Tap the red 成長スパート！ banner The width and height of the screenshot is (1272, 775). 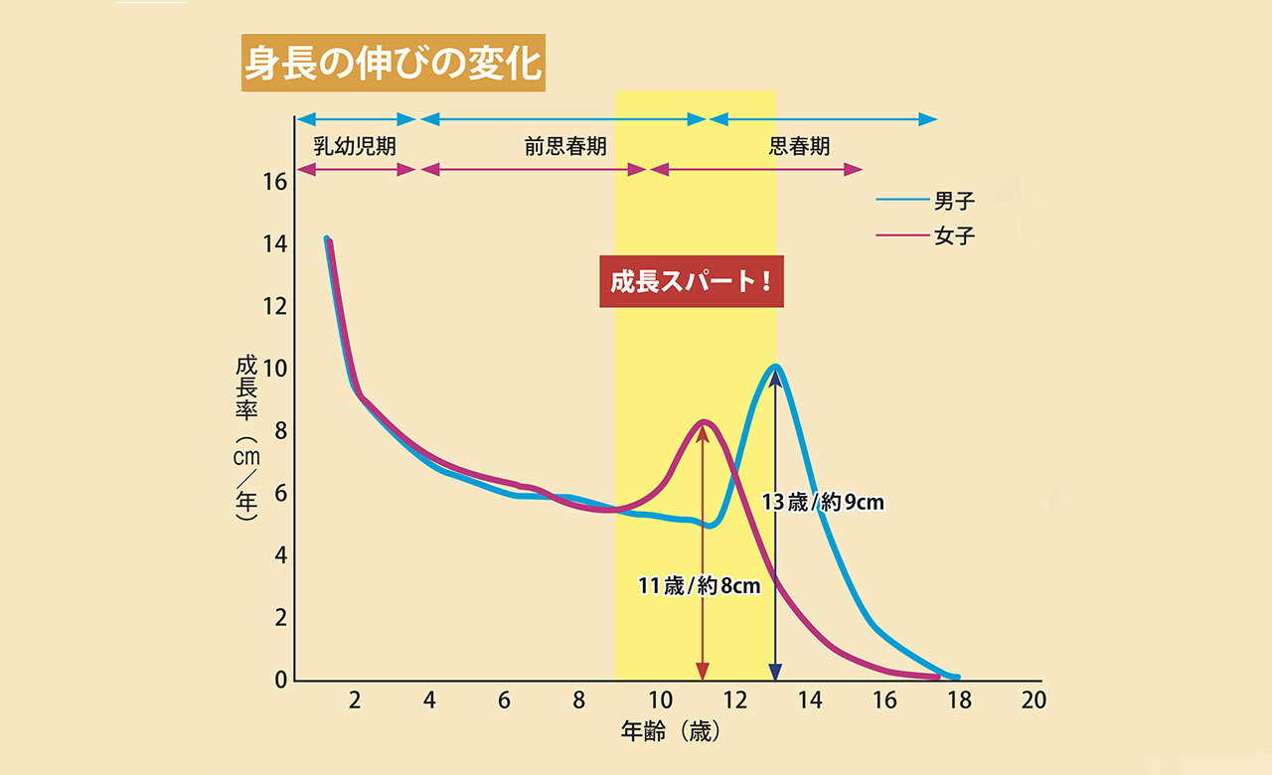coord(692,282)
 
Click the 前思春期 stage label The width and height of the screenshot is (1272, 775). coord(565,146)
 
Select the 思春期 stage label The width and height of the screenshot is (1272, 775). coord(799,146)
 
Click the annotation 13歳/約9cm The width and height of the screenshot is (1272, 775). coord(823,502)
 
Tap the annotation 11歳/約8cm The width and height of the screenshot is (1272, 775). coord(699,586)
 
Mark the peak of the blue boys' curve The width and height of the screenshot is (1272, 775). coord(775,367)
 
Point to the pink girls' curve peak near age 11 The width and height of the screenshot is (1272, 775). coord(704,422)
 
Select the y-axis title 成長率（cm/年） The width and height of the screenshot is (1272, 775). coord(245,437)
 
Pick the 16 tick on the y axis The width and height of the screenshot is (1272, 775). coord(275,182)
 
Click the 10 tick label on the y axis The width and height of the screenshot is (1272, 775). coord(275,369)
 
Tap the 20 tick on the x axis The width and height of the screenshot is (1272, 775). coord(1034,700)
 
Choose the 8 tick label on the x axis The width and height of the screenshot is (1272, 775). coord(579,700)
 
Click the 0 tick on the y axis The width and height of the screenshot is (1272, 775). coord(281,681)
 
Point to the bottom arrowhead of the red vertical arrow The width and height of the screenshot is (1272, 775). coord(703,671)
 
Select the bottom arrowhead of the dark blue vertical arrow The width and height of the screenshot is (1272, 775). coord(775,671)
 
